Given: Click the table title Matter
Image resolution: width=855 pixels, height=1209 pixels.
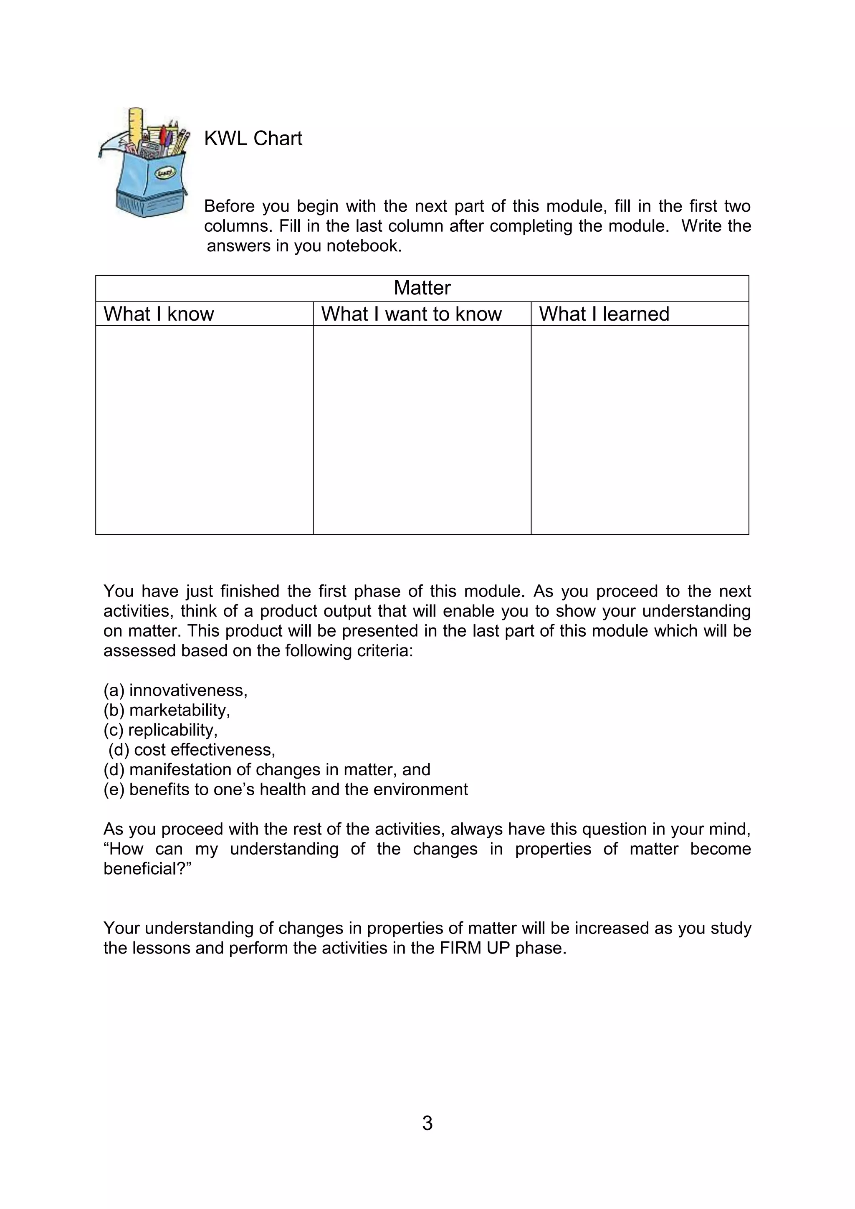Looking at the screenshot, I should point(422,288).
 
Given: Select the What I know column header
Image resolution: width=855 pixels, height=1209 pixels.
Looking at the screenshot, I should point(159,314).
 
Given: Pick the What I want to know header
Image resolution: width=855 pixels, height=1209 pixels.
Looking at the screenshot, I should point(411,314).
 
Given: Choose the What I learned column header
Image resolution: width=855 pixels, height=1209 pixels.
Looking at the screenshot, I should point(604,314).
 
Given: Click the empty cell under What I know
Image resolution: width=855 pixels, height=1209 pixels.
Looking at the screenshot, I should point(204,429).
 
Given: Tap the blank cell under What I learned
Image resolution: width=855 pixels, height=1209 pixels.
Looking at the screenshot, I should point(640,429).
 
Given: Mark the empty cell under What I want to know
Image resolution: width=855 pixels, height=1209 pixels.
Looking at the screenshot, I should point(422,429).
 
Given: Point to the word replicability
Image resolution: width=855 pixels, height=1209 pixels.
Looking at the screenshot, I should point(173,730).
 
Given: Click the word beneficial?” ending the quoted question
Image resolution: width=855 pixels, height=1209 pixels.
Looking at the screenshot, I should point(147,868).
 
